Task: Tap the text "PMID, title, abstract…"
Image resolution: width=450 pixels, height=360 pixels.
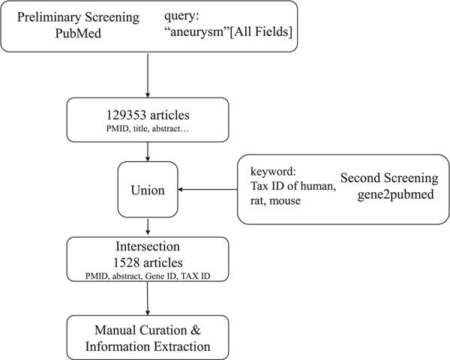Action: pyautogui.click(x=148, y=132)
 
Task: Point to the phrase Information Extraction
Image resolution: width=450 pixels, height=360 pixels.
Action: pyautogui.click(x=149, y=346)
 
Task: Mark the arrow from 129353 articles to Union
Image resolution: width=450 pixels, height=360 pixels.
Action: pyautogui.click(x=149, y=153)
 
